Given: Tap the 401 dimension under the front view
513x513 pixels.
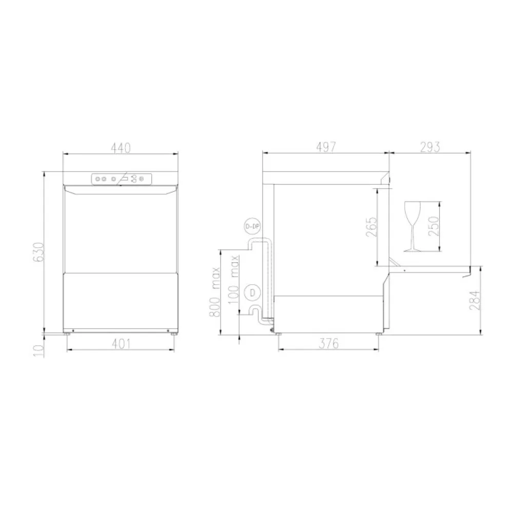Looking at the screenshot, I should [x=120, y=344].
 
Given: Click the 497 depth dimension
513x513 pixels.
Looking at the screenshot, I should [x=325, y=147].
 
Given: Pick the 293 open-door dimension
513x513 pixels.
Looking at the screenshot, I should [x=430, y=147].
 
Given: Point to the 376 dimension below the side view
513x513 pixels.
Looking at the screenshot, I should [x=328, y=344].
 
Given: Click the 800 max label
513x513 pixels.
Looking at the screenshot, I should [x=215, y=291].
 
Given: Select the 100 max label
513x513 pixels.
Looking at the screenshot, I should [x=235, y=280].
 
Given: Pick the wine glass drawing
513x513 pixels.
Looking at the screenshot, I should [x=412, y=226].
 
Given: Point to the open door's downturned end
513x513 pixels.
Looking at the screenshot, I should [x=467, y=274].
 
